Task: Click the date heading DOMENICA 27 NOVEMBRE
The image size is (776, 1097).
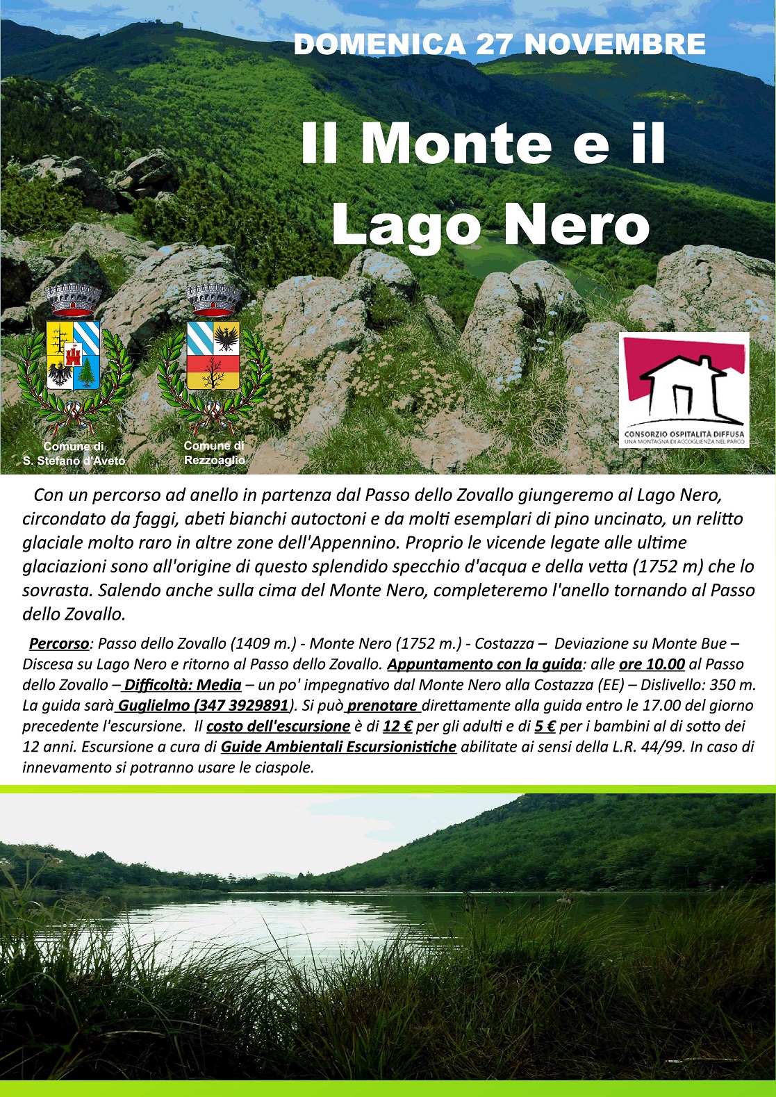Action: pos(500,44)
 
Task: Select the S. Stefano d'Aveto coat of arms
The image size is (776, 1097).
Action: pos(73,354)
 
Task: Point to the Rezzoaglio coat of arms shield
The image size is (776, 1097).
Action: pos(214,355)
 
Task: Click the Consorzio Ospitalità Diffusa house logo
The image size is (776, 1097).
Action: pos(684,390)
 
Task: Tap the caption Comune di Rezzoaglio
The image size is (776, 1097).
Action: pos(214,453)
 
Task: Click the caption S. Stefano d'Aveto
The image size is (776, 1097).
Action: pos(74,461)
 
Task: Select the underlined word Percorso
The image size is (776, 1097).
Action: pos(59,643)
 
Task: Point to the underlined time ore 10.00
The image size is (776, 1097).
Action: pos(652,664)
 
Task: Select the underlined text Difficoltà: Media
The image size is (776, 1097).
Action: pos(183,685)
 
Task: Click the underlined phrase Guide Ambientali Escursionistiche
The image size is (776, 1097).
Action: pos(338,747)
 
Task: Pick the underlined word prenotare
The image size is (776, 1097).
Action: pos(383,705)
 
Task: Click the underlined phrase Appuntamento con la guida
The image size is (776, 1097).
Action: pos(484,664)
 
